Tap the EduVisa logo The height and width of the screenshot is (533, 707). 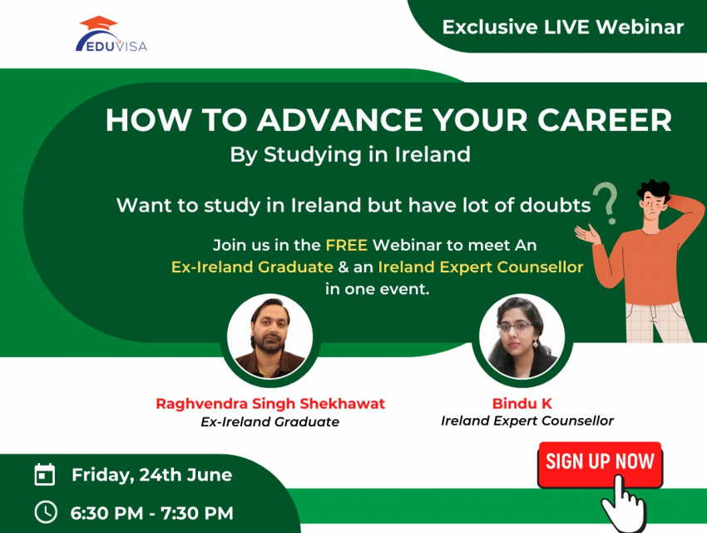tap(111, 34)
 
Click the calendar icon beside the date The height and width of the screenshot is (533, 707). tap(45, 475)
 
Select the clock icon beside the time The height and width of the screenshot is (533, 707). tap(46, 512)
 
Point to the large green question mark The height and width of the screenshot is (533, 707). tap(606, 203)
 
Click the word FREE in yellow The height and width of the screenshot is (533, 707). tap(346, 245)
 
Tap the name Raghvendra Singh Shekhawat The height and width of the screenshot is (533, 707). tap(270, 403)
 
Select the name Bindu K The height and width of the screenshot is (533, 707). tap(522, 403)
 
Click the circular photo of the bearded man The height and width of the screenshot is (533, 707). tap(269, 336)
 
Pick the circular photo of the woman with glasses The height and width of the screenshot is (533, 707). tap(522, 336)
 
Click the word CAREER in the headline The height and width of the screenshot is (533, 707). tap(604, 120)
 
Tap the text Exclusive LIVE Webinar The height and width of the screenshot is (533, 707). tap(563, 27)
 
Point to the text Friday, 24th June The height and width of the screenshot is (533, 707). tap(152, 476)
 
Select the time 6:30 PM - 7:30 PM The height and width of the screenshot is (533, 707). tap(152, 513)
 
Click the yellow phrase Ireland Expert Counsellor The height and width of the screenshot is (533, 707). tap(481, 267)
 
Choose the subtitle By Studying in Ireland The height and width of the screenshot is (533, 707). tap(350, 155)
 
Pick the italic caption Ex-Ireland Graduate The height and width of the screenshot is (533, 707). tap(270, 422)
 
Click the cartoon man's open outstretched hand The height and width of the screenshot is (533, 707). tap(588, 234)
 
